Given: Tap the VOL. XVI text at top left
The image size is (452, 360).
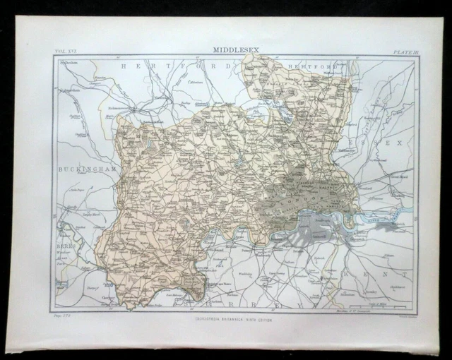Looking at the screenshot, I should tap(65, 52).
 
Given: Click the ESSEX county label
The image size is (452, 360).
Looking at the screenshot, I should tap(391, 143).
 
